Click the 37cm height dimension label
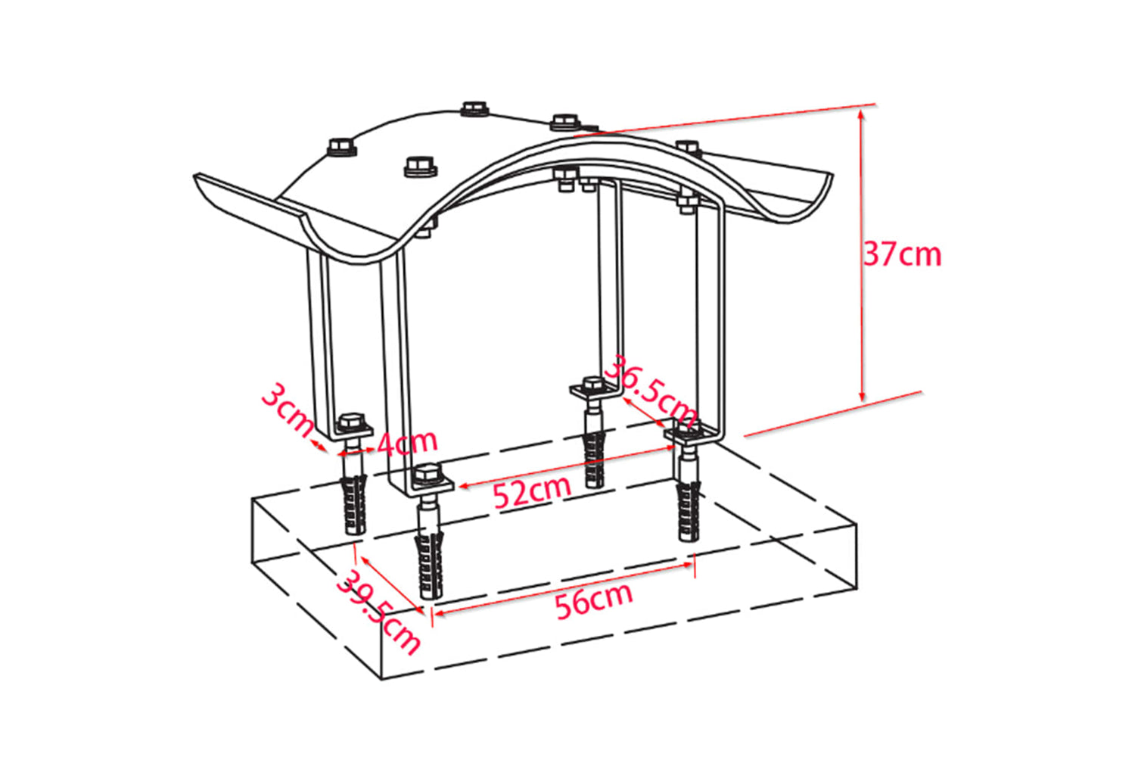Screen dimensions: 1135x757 902,254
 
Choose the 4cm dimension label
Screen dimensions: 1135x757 407,442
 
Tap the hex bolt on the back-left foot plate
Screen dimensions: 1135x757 351,422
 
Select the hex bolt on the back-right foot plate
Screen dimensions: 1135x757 592,384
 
